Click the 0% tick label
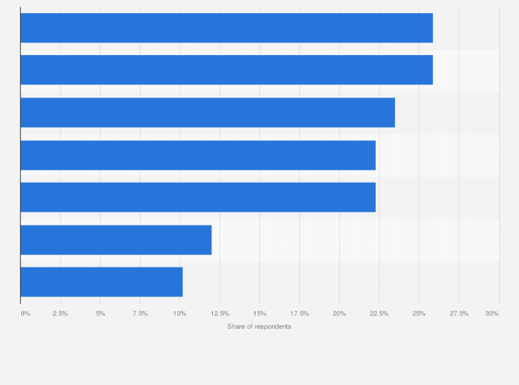[25, 313]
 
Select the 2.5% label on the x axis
[60, 313]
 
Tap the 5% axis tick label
[100, 313]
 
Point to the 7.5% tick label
[140, 313]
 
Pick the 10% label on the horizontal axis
[180, 313]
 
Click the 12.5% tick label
[220, 313]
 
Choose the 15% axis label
[259, 313]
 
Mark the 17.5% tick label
[299, 313]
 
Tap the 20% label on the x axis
[339, 313]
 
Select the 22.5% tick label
[379, 313]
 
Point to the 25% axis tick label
[419, 313]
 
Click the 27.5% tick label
[459, 313]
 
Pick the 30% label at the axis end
[491, 313]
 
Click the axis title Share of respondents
[259, 326]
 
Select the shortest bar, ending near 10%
[101, 282]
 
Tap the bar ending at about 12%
[116, 240]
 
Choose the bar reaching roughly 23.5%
[207, 113]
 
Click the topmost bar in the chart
[226, 28]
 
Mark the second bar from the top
[226, 70]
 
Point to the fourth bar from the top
[198, 155]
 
